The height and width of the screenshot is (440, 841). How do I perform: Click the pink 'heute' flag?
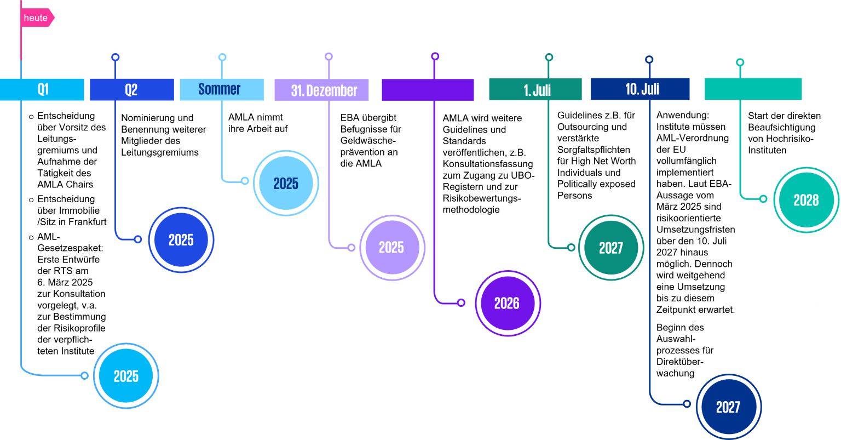click(37, 18)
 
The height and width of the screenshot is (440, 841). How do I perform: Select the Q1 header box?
click(42, 89)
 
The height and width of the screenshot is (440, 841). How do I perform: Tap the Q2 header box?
click(132, 89)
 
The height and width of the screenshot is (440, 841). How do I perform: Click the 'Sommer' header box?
click(222, 89)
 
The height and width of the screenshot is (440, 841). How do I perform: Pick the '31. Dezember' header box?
click(321, 90)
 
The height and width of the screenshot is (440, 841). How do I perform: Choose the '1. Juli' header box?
click(535, 89)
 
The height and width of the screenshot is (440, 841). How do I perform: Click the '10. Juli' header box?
click(640, 89)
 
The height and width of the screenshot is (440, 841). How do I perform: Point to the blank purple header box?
click(428, 90)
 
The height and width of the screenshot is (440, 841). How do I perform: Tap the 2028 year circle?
click(806, 200)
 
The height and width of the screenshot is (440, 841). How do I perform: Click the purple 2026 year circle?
click(508, 303)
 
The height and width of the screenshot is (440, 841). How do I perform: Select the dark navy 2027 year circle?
click(729, 407)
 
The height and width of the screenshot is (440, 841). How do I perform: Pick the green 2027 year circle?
click(611, 248)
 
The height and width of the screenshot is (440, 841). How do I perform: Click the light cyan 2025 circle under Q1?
click(126, 376)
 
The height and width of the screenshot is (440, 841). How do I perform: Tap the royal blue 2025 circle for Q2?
click(181, 240)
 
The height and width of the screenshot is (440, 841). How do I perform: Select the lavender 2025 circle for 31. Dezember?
click(393, 248)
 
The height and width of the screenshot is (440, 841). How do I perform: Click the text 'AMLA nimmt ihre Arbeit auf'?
click(258, 123)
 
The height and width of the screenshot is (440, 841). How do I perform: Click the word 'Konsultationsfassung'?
click(488, 164)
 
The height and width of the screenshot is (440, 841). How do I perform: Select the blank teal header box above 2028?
click(753, 89)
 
